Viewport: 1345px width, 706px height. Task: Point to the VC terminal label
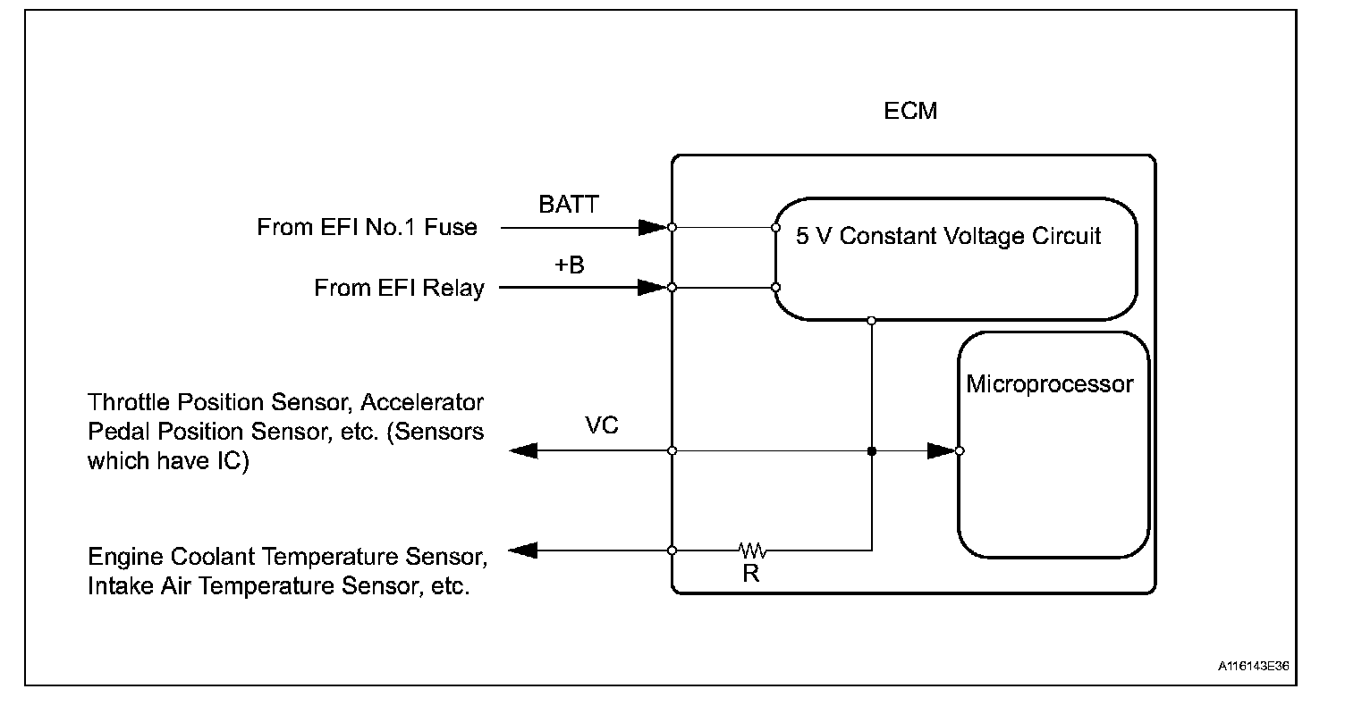click(x=601, y=426)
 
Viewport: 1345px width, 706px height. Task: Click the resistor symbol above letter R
click(x=751, y=549)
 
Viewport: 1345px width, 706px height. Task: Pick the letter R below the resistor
click(x=751, y=575)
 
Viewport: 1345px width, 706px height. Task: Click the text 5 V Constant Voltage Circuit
click(x=948, y=237)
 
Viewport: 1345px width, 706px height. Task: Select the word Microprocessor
click(x=1050, y=385)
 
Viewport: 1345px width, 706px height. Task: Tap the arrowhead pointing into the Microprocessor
click(x=941, y=451)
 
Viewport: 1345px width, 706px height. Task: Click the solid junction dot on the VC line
click(x=872, y=451)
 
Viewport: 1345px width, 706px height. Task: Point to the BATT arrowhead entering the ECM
click(x=653, y=227)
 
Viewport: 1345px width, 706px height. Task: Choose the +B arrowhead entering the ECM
click(x=653, y=288)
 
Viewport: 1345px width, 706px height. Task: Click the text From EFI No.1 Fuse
click(x=367, y=227)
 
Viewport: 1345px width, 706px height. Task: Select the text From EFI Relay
click(x=399, y=288)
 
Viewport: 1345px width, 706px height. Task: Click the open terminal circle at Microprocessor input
click(x=960, y=451)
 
